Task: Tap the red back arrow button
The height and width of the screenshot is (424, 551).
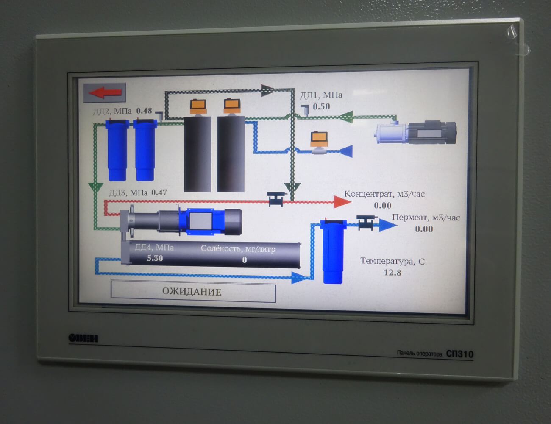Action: pyautogui.click(x=104, y=92)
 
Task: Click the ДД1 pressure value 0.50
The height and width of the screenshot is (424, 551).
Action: pyautogui.click(x=321, y=107)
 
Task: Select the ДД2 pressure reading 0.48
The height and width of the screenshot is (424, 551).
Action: pyautogui.click(x=144, y=111)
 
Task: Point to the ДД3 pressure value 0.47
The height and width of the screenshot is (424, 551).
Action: pyautogui.click(x=159, y=192)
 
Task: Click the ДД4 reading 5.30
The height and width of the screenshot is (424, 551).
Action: pyautogui.click(x=155, y=258)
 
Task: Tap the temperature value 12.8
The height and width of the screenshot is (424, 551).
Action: pyautogui.click(x=392, y=273)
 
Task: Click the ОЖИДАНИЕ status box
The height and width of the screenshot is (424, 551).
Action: pyautogui.click(x=193, y=292)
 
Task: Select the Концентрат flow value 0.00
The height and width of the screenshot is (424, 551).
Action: pyautogui.click(x=382, y=206)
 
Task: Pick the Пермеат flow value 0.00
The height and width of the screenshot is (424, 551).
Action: pyautogui.click(x=424, y=229)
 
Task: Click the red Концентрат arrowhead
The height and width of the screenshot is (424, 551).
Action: pyautogui.click(x=342, y=201)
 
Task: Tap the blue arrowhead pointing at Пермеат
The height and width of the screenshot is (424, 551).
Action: pyautogui.click(x=387, y=225)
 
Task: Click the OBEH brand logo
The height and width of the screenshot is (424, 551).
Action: pyautogui.click(x=83, y=338)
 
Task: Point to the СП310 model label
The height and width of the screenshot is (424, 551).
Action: pyautogui.click(x=459, y=354)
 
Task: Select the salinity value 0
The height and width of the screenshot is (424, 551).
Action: pyautogui.click(x=245, y=260)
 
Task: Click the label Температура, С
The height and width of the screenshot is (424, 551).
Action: pyautogui.click(x=392, y=261)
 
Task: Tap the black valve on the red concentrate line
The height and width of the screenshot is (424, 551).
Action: pyautogui.click(x=276, y=199)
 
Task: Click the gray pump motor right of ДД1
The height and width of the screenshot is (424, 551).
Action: pyautogui.click(x=415, y=132)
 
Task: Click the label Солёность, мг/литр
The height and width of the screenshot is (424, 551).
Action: pyautogui.click(x=238, y=248)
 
